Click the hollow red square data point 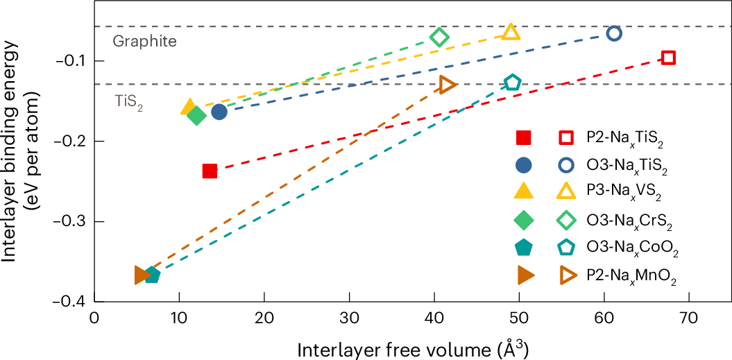point(668,58)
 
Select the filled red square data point point(210,171)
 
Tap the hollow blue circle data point point(613,33)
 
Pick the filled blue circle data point point(219,112)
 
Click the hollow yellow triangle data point point(511,33)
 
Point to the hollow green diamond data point point(439,37)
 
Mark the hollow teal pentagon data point point(512,83)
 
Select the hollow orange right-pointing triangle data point point(447,85)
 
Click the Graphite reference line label point(144,42)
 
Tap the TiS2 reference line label point(129,102)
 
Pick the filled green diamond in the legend point(524,220)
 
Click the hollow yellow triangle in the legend point(566,193)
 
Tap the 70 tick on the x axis point(688,318)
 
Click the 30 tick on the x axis point(349,318)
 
